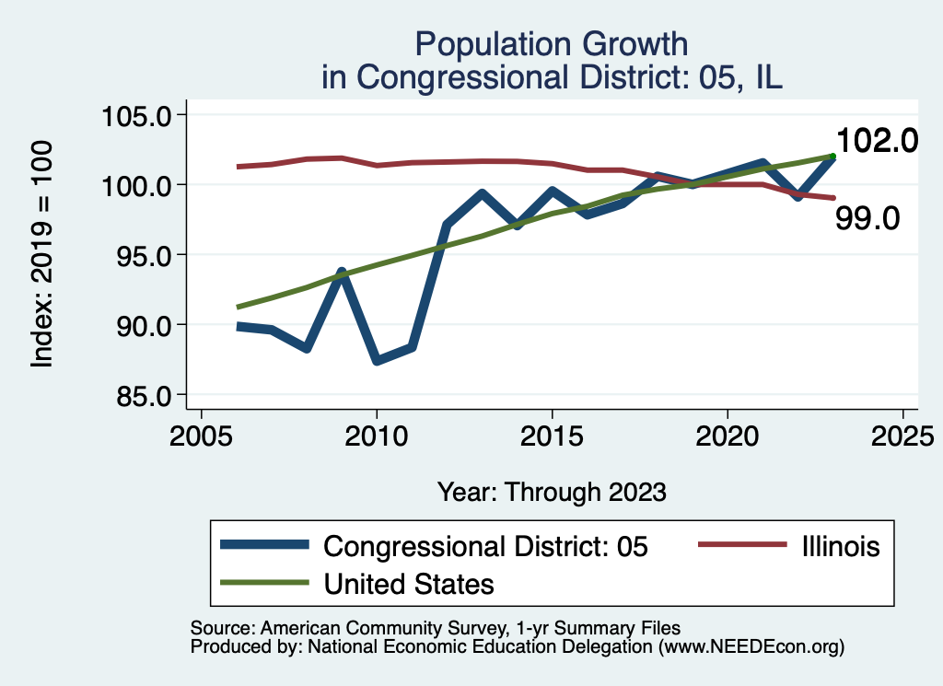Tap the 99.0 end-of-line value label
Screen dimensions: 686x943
[867, 218]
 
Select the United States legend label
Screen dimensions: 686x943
[409, 584]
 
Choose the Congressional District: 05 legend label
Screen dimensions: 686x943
[486, 546]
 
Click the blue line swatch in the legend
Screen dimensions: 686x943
[264, 546]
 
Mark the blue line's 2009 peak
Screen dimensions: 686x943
[342, 273]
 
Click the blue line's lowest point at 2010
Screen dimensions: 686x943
[377, 360]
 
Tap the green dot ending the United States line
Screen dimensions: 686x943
[832, 157]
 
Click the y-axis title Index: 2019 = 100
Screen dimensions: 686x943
[42, 255]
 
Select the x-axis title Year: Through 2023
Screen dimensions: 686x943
[552, 492]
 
